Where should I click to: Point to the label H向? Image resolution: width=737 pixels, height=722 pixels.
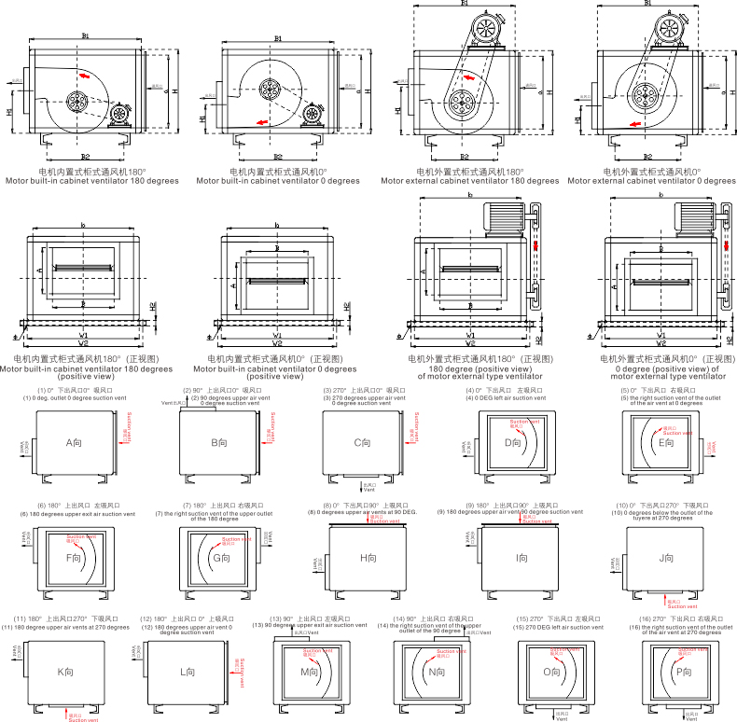[368, 558]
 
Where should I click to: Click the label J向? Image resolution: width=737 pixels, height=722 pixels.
[666, 558]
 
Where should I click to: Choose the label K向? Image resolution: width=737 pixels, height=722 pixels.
[65, 671]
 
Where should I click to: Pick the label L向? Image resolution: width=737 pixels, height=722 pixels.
[188, 671]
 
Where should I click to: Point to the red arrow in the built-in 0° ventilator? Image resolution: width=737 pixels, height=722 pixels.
[264, 121]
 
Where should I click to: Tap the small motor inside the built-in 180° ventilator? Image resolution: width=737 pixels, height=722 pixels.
[118, 116]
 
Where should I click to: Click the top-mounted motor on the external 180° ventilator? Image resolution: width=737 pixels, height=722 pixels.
[485, 31]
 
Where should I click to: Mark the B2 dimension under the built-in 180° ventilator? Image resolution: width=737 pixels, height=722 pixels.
[85, 156]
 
